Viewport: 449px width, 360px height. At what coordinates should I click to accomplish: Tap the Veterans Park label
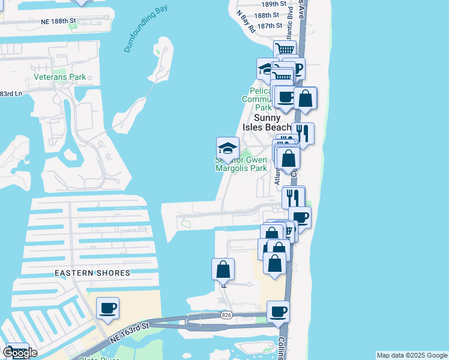[x=59, y=77]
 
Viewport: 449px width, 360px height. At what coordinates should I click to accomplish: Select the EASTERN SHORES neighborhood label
[x=92, y=273]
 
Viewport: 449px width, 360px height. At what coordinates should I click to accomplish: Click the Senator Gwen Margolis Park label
[x=241, y=164]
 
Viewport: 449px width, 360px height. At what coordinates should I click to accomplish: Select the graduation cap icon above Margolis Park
[x=228, y=148]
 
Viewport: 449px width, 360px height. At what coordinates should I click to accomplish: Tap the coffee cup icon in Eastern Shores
[x=108, y=308]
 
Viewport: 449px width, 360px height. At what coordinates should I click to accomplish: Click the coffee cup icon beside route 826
[x=278, y=312]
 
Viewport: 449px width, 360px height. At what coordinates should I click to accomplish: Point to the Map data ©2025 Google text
[x=412, y=355]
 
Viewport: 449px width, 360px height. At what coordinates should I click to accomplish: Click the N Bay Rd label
[x=246, y=19]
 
